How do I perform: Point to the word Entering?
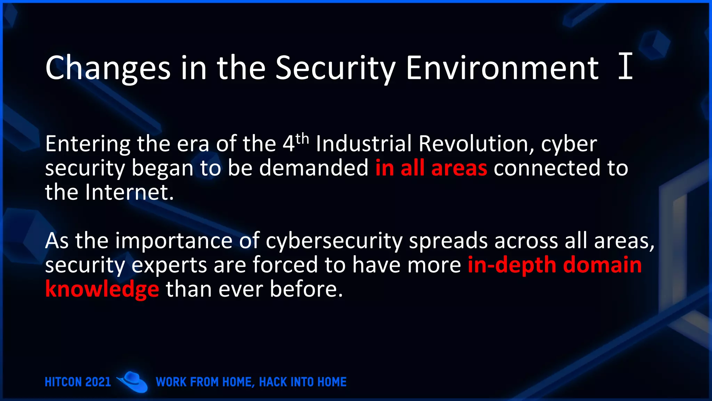88,144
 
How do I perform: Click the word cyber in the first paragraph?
569,144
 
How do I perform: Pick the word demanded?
314,168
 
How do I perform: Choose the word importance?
174,241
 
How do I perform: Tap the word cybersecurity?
334,241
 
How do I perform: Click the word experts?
169,265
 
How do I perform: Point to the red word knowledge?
102,289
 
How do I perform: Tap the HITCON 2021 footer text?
78,382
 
